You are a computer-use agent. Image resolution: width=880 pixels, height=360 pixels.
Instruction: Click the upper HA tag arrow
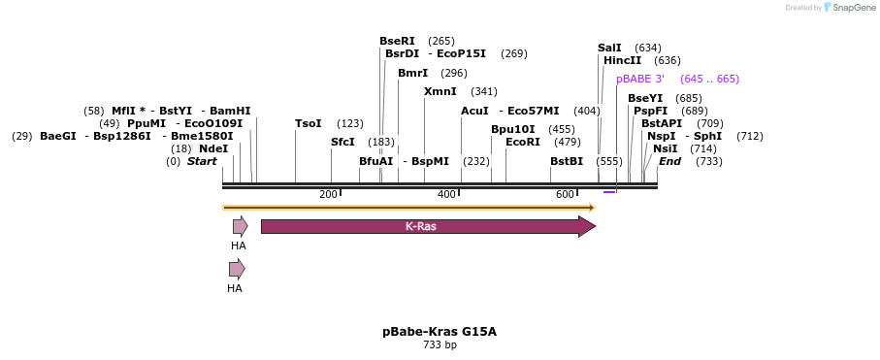click(x=240, y=226)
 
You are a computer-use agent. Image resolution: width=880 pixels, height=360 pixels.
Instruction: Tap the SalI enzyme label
click(x=609, y=48)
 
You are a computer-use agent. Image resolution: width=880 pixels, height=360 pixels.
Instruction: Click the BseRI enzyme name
click(x=397, y=41)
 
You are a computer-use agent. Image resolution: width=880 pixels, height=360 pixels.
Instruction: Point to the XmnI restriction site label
click(x=440, y=91)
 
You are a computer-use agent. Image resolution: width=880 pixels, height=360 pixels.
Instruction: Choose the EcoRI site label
click(x=523, y=142)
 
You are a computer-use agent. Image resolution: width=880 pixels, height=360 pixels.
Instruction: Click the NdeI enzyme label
click(x=213, y=148)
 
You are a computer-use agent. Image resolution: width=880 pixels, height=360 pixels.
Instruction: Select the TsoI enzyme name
click(x=308, y=123)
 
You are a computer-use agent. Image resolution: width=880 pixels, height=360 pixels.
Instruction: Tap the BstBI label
click(x=567, y=161)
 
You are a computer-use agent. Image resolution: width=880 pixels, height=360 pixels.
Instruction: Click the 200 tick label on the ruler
click(x=328, y=195)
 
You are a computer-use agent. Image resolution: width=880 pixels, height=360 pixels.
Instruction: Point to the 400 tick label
click(x=446, y=195)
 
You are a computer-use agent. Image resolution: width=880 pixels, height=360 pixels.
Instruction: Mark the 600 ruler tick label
click(x=566, y=195)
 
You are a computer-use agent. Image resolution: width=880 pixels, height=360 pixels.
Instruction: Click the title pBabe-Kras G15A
click(x=440, y=331)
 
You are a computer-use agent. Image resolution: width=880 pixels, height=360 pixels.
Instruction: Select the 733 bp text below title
click(x=440, y=345)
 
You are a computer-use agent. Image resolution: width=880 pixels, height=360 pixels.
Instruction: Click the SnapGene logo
click(x=850, y=8)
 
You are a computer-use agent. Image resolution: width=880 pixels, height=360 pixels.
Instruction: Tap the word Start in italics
click(x=202, y=161)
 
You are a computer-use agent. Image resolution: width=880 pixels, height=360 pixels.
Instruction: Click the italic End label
click(x=669, y=161)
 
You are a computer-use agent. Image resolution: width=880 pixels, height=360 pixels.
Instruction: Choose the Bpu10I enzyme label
click(x=512, y=129)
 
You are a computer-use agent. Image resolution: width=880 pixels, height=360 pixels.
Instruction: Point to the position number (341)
click(x=483, y=91)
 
